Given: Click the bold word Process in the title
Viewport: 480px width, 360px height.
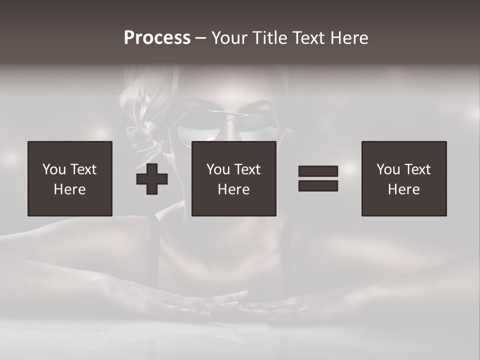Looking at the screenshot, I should point(157,38).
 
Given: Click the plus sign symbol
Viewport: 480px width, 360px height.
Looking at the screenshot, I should point(152,179).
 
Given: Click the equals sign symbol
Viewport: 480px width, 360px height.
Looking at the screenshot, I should point(318,178).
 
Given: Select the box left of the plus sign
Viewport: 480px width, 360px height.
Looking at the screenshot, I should point(69,178).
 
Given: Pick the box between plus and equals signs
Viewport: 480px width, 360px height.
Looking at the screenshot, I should point(233,178).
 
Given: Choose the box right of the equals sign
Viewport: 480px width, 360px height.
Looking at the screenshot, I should point(403,178).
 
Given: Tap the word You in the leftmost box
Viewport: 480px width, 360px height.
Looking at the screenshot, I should point(54,169).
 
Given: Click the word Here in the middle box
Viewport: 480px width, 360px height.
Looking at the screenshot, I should point(233,189).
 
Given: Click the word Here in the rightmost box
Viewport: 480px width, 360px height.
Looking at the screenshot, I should point(403,189).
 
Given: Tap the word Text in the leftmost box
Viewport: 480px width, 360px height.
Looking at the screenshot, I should point(83,169).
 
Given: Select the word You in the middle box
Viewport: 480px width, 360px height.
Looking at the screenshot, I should point(218,169).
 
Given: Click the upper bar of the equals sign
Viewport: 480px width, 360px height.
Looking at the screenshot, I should point(318,171).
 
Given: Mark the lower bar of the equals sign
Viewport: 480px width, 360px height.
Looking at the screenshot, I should point(318,185).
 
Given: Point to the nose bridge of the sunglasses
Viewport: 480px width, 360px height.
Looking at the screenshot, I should point(229,120).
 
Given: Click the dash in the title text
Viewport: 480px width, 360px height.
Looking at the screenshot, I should point(201,38).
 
